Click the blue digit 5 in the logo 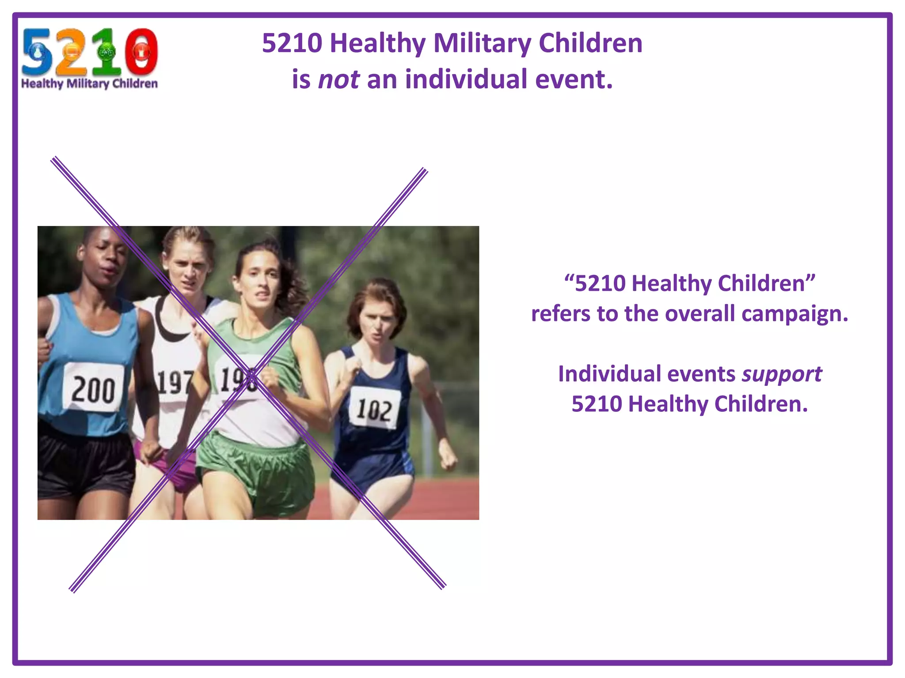pos(37,52)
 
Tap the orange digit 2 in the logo pos(70,52)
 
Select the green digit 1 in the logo pos(106,52)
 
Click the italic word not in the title pos(338,80)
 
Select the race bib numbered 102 pos(374,408)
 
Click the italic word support pos(781,374)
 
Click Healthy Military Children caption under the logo pos(89,83)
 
